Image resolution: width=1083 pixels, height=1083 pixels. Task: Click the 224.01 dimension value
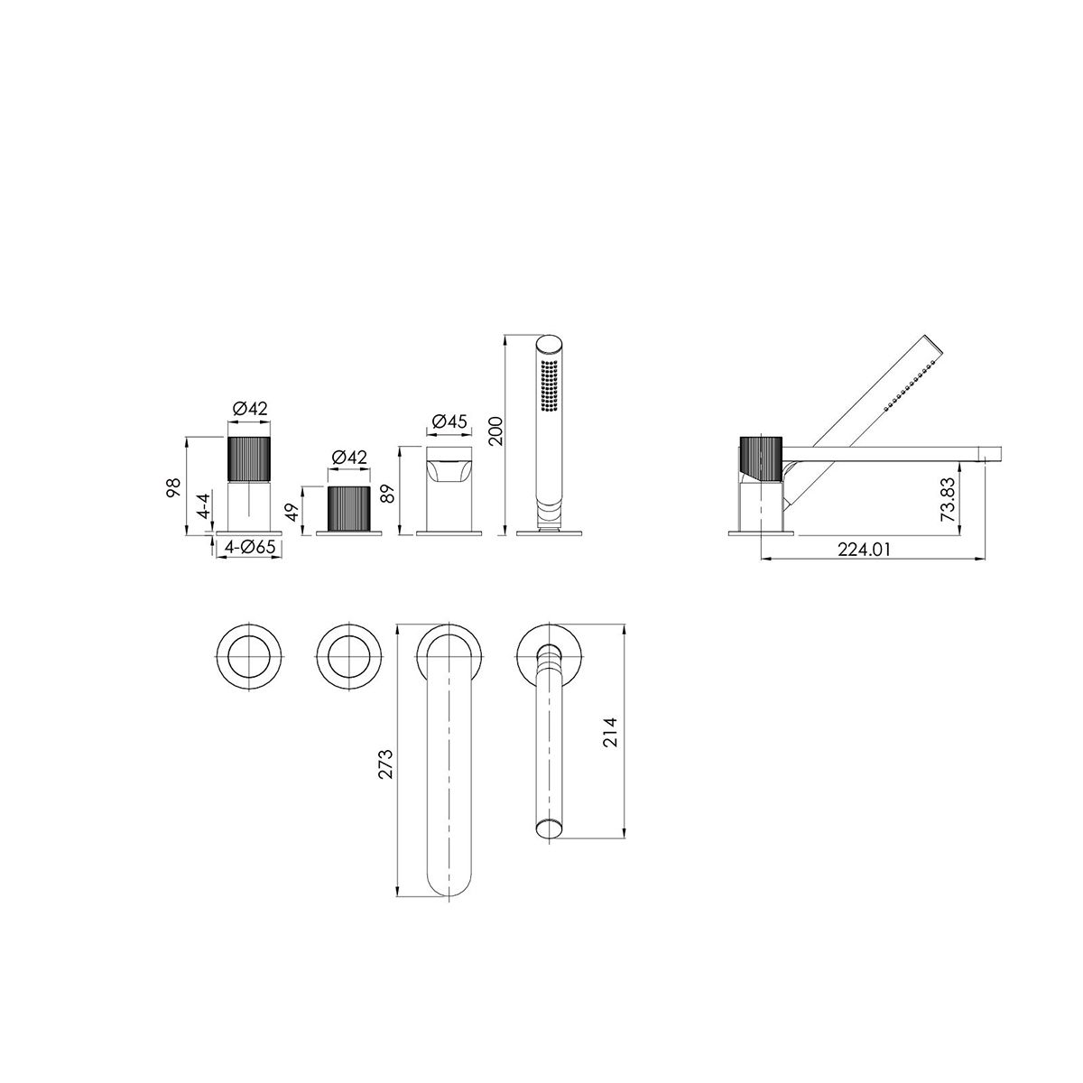(864, 549)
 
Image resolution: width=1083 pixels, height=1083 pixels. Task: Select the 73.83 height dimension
(949, 500)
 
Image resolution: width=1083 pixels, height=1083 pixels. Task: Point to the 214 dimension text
(610, 732)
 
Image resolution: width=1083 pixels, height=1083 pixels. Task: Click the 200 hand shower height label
(495, 431)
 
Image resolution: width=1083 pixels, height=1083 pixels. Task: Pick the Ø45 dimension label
(449, 421)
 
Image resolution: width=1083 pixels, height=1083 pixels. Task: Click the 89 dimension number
(388, 494)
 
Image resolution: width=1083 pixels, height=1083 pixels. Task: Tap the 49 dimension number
(292, 512)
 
